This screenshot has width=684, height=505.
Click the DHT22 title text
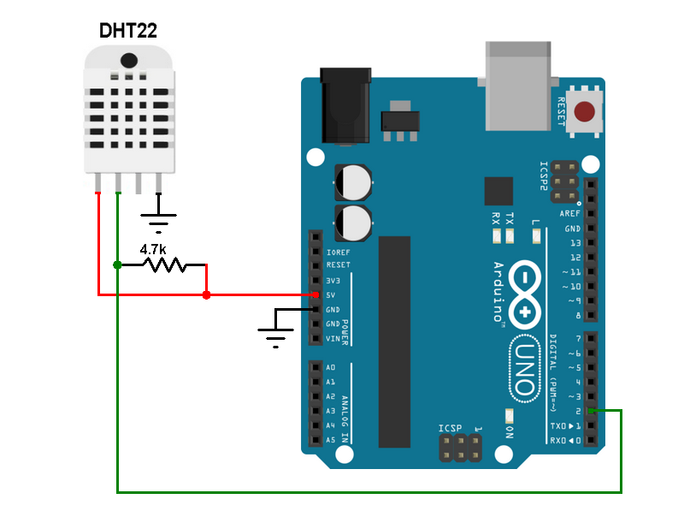[x=127, y=31]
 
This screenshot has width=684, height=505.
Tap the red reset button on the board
[x=584, y=111]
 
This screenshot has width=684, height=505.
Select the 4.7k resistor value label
[x=153, y=249]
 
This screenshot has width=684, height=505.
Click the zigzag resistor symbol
[x=165, y=264]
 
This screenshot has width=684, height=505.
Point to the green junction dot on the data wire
[x=117, y=264]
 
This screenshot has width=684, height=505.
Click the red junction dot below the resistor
[x=206, y=295]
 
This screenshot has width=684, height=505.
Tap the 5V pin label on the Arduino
[x=331, y=295]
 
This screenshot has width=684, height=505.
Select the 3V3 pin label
[x=333, y=281]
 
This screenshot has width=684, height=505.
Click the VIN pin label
[x=333, y=339]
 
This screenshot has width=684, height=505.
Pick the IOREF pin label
[x=338, y=253]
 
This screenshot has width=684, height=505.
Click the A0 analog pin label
[x=331, y=367]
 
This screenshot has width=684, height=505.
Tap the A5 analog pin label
[x=331, y=440]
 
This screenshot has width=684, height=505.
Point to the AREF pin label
[x=570, y=214]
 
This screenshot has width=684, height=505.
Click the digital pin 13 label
[x=575, y=243]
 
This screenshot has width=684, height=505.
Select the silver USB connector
[x=518, y=86]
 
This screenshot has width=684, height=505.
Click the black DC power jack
[x=345, y=105]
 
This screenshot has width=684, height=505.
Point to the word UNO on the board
[x=526, y=369]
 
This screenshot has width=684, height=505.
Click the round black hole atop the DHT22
[x=129, y=60]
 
